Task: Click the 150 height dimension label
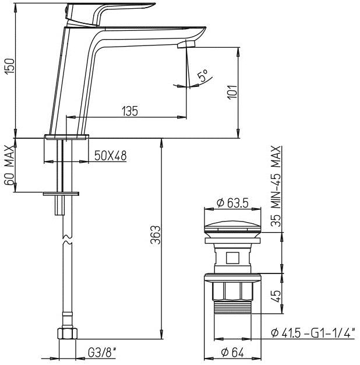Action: click(x=10, y=66)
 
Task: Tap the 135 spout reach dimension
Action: click(x=130, y=111)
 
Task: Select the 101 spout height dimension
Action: click(x=232, y=92)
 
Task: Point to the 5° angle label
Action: click(x=202, y=75)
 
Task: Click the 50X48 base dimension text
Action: click(x=111, y=156)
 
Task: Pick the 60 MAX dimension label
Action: click(x=9, y=165)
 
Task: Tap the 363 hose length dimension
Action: click(x=156, y=235)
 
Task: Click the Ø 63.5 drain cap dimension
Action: click(x=232, y=203)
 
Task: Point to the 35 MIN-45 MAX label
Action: click(x=276, y=186)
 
